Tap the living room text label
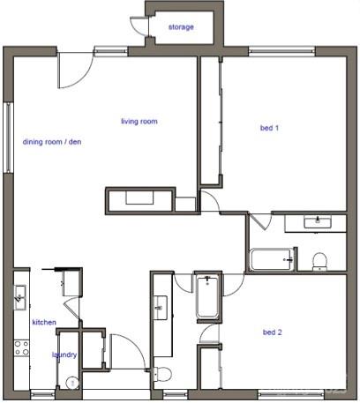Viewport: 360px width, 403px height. coord(139,122)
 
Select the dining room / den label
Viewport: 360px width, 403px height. coord(52,142)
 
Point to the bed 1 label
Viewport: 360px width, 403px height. coord(269,129)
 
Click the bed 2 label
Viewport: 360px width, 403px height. coord(272,332)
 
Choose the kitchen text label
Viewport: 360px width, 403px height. coord(44,323)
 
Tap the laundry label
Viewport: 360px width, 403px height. coord(64,355)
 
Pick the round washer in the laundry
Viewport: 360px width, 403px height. coord(73,383)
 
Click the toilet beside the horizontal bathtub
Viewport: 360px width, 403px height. coord(319,260)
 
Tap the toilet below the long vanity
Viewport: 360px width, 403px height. coord(161,374)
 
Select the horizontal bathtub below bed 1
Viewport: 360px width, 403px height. coord(271,259)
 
